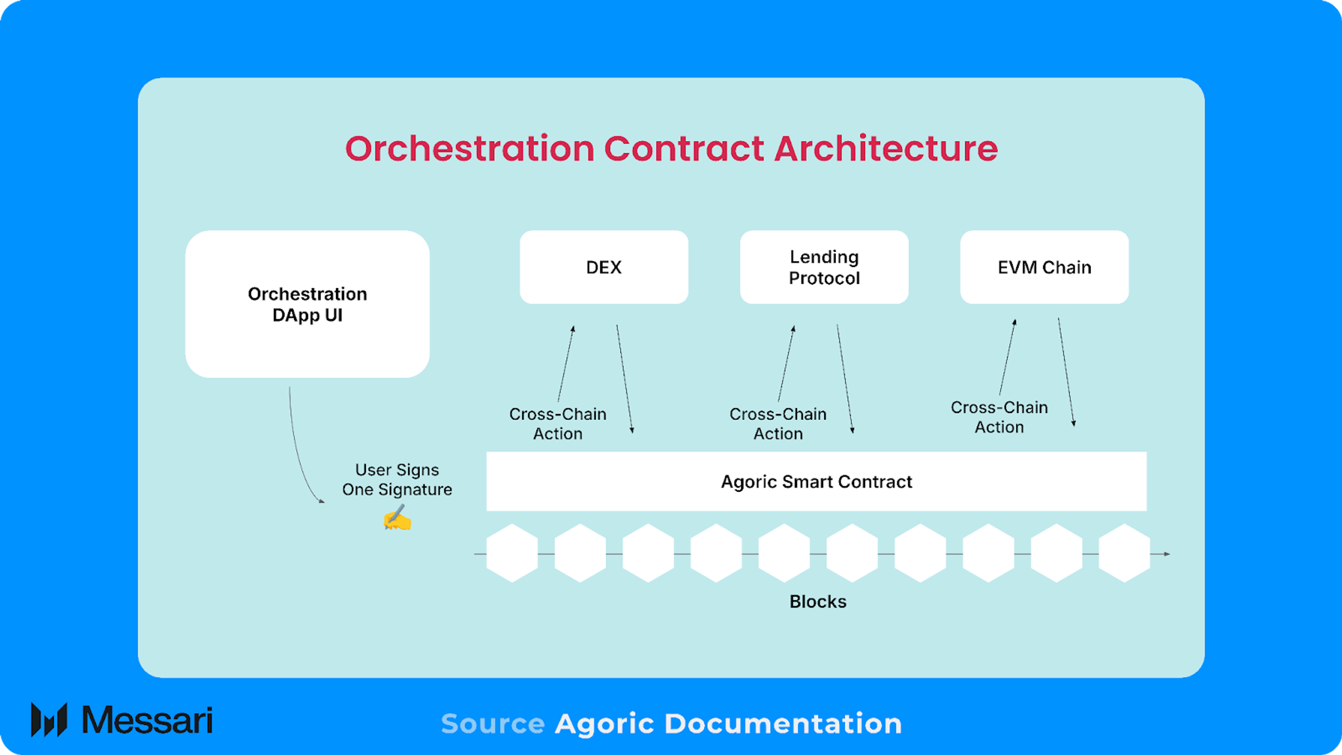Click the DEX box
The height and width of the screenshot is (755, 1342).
[604, 267]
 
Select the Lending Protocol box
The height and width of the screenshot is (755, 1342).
[824, 267]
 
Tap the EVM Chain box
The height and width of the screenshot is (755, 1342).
[1044, 267]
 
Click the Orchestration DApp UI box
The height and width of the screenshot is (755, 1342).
[308, 304]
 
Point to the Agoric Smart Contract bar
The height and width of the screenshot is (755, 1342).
[816, 481]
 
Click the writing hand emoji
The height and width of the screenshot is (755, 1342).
[397, 518]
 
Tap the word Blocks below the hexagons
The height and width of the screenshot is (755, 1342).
[818, 601]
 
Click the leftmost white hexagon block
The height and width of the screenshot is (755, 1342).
[512, 553]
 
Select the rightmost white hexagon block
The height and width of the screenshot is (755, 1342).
[1124, 553]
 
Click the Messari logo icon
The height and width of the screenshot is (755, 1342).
[49, 719]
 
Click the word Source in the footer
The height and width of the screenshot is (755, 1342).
[492, 724]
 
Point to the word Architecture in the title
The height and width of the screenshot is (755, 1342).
[886, 148]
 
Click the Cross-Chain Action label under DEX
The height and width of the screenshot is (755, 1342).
[558, 424]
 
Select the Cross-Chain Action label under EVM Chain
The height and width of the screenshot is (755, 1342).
[999, 417]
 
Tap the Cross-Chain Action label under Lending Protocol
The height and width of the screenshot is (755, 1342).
[778, 424]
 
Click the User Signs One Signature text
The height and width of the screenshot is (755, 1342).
[397, 479]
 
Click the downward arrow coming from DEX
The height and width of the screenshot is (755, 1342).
[625, 378]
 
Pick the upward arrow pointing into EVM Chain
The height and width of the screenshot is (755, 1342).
[1007, 357]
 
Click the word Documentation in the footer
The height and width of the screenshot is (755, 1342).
[783, 724]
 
